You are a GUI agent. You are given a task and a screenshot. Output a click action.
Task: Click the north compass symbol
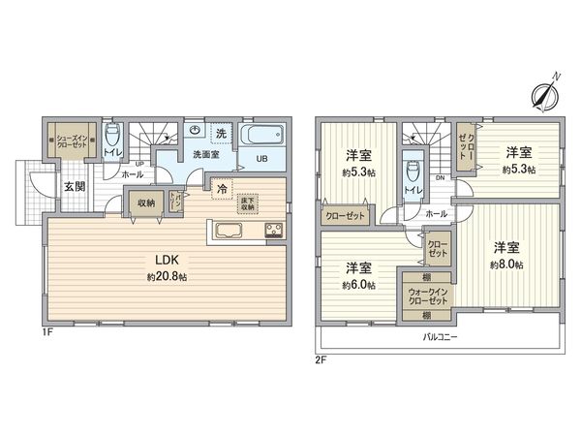coord(543,93)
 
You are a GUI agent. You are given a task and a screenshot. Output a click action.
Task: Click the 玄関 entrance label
coord(74,187)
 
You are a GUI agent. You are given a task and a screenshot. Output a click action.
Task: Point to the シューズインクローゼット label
coord(74,139)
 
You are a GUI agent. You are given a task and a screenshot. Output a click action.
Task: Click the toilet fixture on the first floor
coord(112,135)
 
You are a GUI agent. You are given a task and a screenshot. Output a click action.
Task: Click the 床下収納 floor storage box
coord(247,202)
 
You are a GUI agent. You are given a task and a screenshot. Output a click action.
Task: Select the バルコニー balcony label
coord(440,337)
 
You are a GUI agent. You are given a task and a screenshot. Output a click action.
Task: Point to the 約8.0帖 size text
coord(506,264)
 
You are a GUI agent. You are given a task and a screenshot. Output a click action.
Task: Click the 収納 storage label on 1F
coord(145,202)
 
